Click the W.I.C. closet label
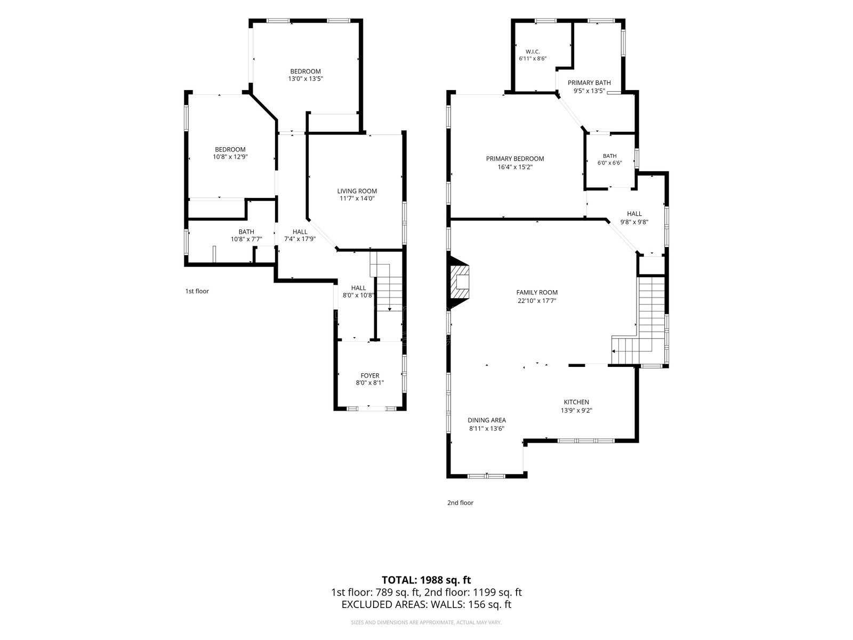pos(533,52)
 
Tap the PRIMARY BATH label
pos(589,83)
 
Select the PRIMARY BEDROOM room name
pos(515,158)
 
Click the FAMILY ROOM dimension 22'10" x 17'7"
pos(537,301)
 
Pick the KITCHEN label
pos(576,402)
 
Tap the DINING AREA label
pos(487,420)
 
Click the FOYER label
pos(370,376)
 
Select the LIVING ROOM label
pos(357,191)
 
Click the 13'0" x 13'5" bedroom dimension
pos(305,79)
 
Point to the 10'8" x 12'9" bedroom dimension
pos(230,157)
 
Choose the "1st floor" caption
pos(197,291)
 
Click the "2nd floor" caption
pos(460,502)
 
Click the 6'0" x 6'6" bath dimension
pos(610,163)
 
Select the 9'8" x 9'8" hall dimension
pos(634,222)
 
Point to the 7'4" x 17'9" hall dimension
pos(300,239)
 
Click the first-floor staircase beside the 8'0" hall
pos(387,284)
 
